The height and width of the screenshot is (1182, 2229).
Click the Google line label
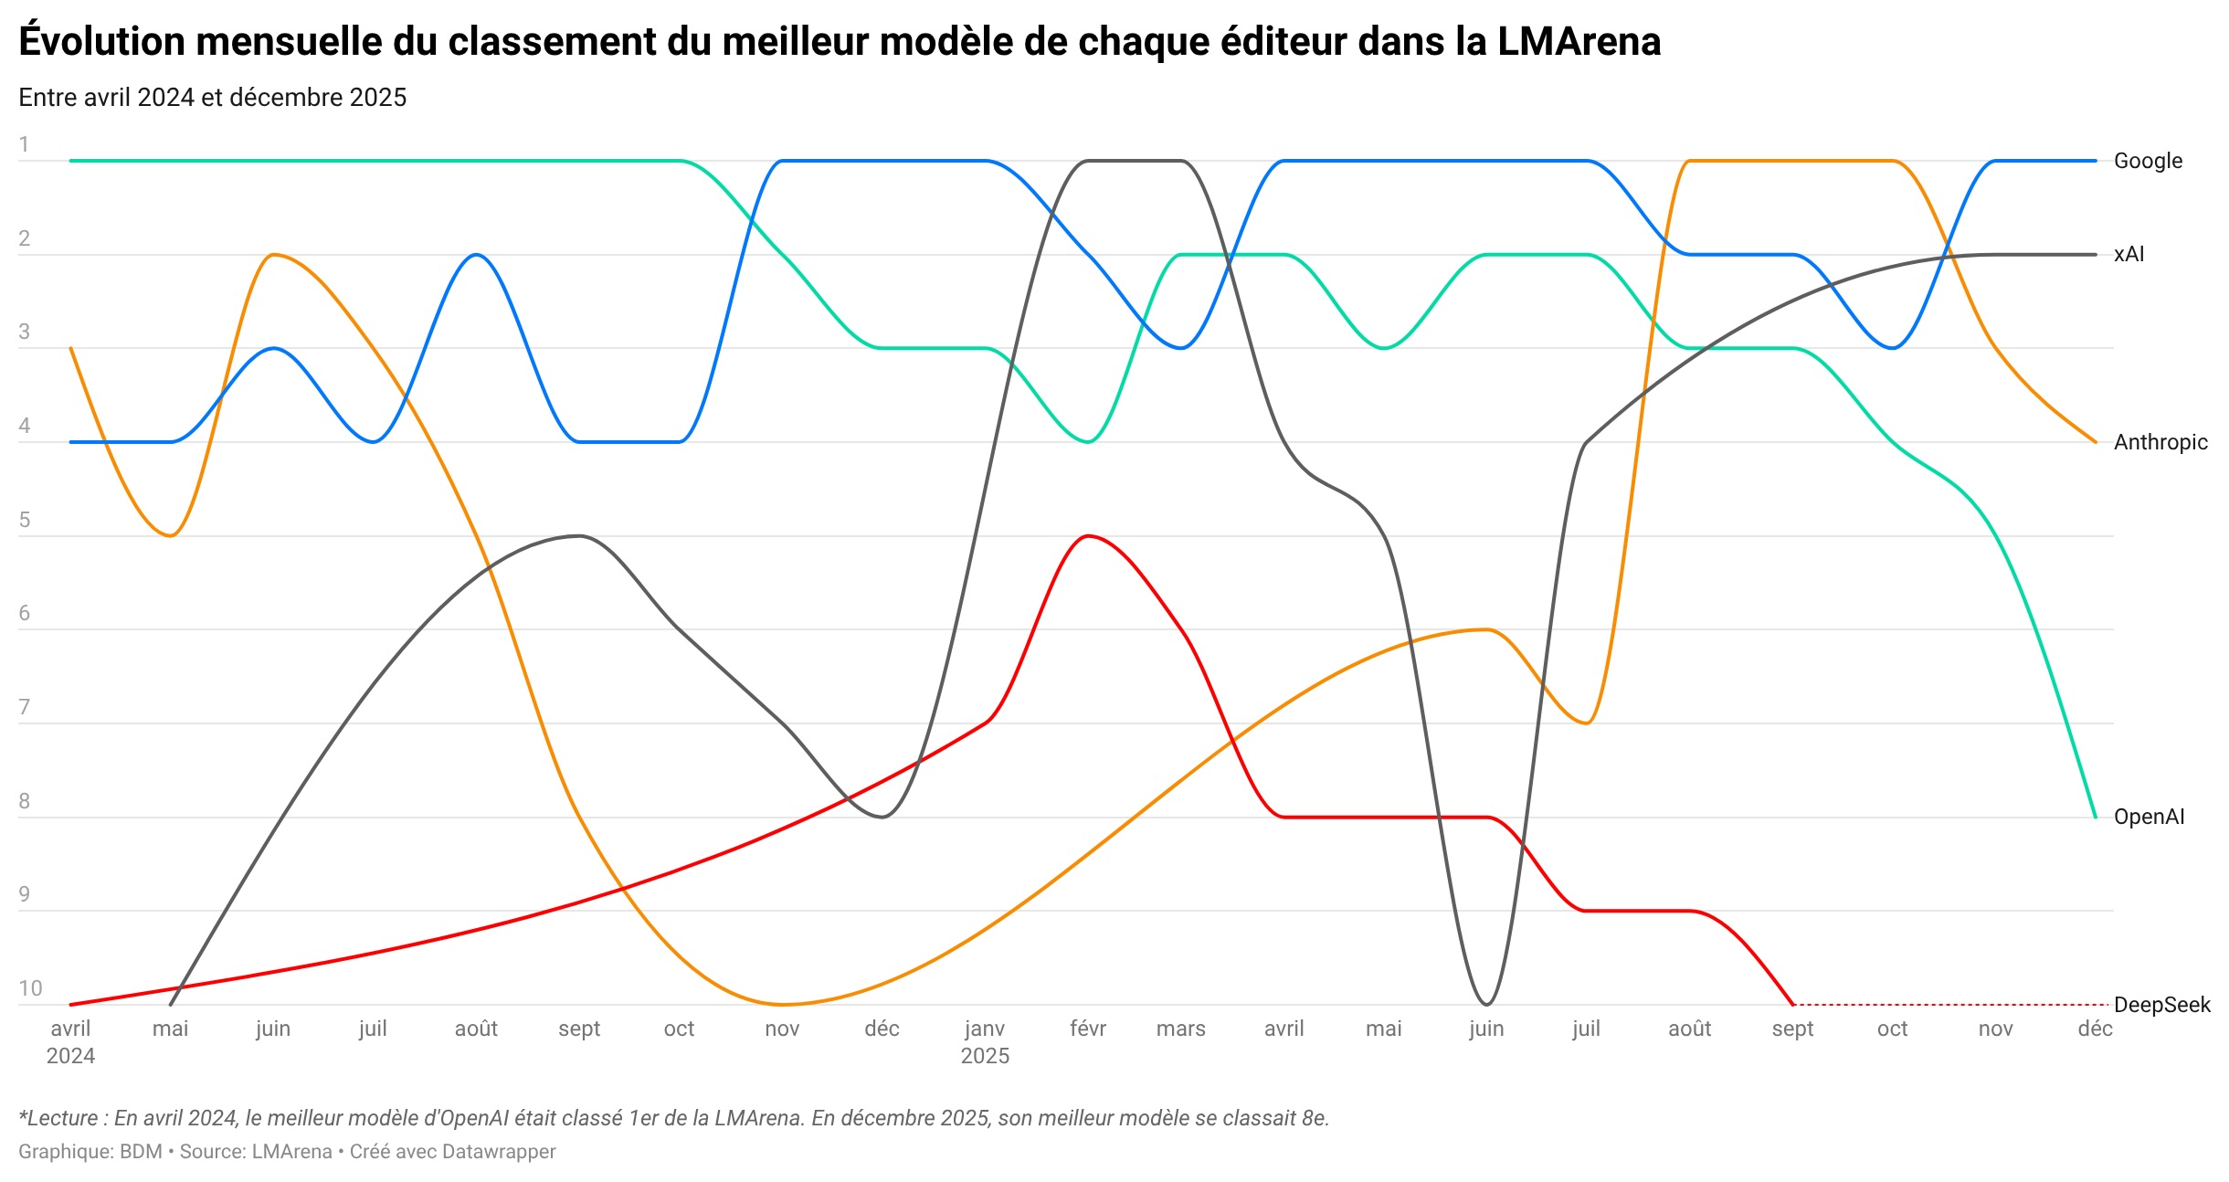(x=2148, y=161)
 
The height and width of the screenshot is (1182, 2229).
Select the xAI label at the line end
(x=2129, y=254)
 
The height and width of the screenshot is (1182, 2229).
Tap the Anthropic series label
(x=2160, y=442)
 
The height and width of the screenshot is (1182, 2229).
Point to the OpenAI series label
(x=2149, y=817)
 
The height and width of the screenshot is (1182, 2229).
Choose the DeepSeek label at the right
(x=2161, y=1005)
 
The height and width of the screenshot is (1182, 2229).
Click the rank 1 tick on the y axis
(x=25, y=144)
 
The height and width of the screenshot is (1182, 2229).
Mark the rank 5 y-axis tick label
(x=25, y=520)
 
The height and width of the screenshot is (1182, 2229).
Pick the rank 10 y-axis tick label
(x=30, y=988)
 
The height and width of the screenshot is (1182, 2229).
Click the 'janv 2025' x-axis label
(x=985, y=1041)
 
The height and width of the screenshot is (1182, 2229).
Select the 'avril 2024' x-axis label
(x=70, y=1041)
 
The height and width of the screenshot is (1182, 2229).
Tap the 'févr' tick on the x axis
(x=1087, y=1029)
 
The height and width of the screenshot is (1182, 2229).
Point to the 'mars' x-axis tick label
(x=1180, y=1029)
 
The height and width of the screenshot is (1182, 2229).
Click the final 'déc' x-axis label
(x=2095, y=1029)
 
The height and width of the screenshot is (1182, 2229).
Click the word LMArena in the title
(x=1579, y=42)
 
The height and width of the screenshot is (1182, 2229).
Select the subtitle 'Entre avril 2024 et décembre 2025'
(x=212, y=98)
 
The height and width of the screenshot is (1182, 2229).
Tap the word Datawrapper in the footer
(x=498, y=1152)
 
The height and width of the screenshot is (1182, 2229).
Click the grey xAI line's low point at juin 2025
(x=1486, y=1004)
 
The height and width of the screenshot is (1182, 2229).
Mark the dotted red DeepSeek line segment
(x=1946, y=1005)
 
